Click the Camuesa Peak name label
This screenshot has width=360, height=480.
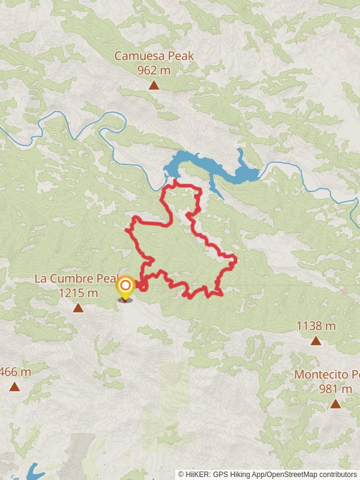(x=154, y=56)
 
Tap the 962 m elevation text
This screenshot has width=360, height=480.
(x=154, y=70)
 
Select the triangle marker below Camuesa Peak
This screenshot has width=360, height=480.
(x=154, y=85)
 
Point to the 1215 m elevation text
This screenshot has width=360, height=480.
(x=78, y=293)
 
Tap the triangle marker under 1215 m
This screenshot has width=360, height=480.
(x=78, y=308)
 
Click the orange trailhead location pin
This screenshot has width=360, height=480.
(x=125, y=287)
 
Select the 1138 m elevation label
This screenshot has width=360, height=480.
(x=316, y=326)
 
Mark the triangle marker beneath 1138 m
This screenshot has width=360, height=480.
(x=316, y=340)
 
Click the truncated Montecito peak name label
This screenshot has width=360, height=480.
(x=327, y=374)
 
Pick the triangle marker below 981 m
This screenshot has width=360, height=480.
(x=335, y=404)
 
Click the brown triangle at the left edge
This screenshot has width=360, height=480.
(x=14, y=386)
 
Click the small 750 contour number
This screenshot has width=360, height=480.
(x=343, y=292)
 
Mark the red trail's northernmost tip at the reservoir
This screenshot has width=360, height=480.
(x=175, y=180)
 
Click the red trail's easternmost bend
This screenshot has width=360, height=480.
(x=236, y=260)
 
